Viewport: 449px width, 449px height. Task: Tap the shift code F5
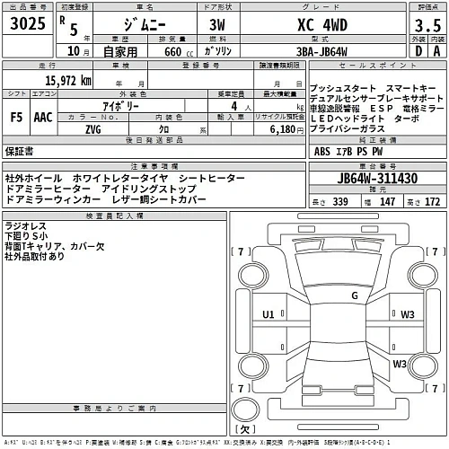tap(16, 116)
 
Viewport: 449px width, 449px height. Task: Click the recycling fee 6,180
tap(278, 128)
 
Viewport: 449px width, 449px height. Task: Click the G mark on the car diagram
tap(355, 295)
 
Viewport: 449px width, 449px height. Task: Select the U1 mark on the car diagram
tap(268, 314)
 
